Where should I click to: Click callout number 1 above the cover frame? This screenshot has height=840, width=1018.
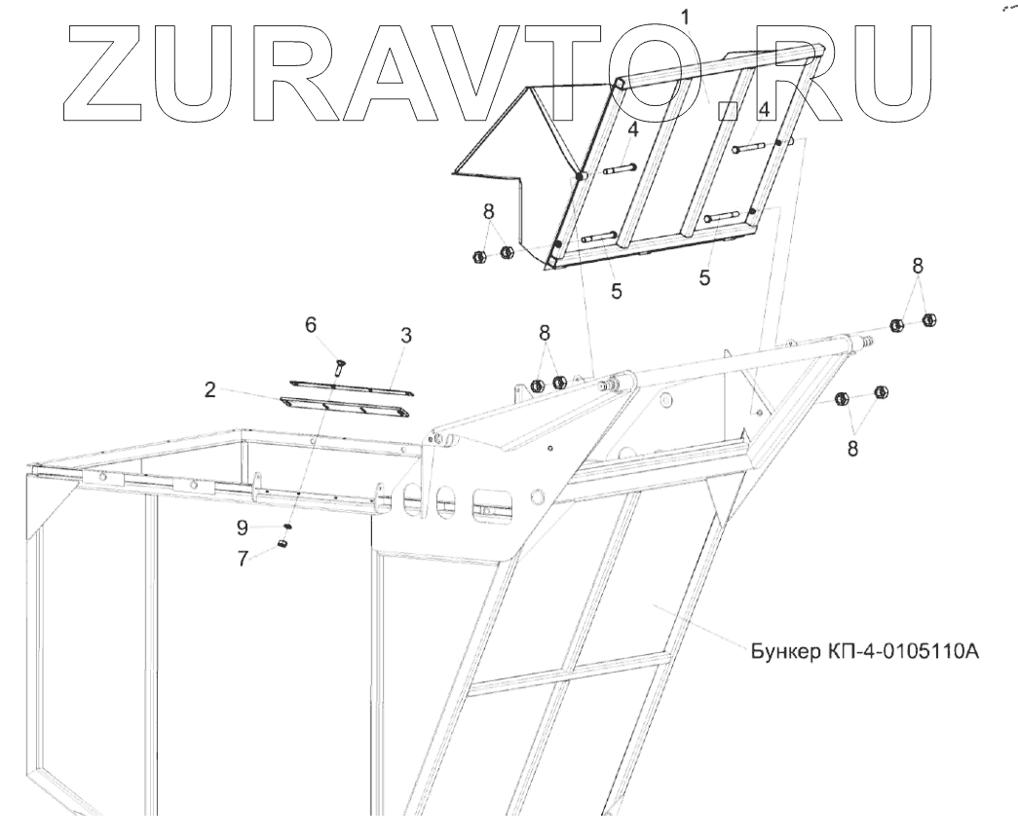686,17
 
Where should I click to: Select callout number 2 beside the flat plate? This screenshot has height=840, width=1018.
209,390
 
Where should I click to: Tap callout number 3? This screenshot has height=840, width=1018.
406,336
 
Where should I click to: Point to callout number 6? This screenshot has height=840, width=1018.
312,325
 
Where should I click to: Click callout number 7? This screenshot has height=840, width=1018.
244,557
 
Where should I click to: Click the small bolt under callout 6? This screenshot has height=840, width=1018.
340,366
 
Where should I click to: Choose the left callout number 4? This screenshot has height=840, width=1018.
632,129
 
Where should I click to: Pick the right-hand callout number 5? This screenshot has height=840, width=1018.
704,278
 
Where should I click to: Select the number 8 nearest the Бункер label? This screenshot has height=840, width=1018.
852,450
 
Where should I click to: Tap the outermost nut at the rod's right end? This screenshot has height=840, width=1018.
928,319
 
